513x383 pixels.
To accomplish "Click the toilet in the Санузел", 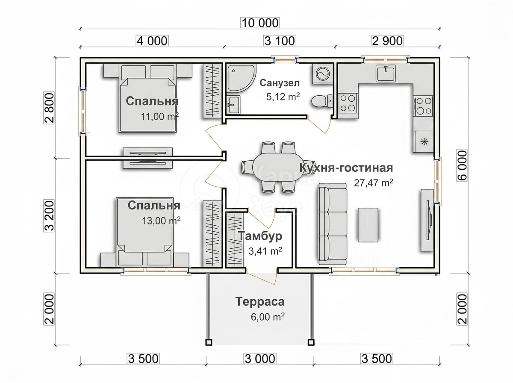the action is click(x=322, y=101).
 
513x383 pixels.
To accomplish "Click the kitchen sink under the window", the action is click(x=386, y=73).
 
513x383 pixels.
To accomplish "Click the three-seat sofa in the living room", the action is click(x=332, y=224).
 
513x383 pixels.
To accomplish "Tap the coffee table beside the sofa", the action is click(x=368, y=225).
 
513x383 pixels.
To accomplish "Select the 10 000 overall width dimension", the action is click(x=260, y=23).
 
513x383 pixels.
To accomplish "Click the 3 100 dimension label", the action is click(x=280, y=41).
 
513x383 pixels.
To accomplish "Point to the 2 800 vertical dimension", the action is click(x=50, y=108).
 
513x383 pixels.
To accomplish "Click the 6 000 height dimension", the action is click(x=462, y=165).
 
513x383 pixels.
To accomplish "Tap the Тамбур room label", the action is click(x=260, y=236).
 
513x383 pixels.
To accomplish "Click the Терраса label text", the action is click(x=260, y=301).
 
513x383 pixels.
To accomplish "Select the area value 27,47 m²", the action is click(x=373, y=183).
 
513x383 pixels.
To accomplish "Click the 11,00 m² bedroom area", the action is click(x=159, y=116).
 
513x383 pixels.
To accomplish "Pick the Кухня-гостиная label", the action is click(x=346, y=168).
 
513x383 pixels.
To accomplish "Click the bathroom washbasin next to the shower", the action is click(x=233, y=105).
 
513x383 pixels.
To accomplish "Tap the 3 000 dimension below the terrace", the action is click(x=260, y=359).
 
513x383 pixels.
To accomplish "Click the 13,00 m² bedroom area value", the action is click(x=161, y=221).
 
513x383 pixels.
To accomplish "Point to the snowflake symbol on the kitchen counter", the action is click(x=423, y=141).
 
